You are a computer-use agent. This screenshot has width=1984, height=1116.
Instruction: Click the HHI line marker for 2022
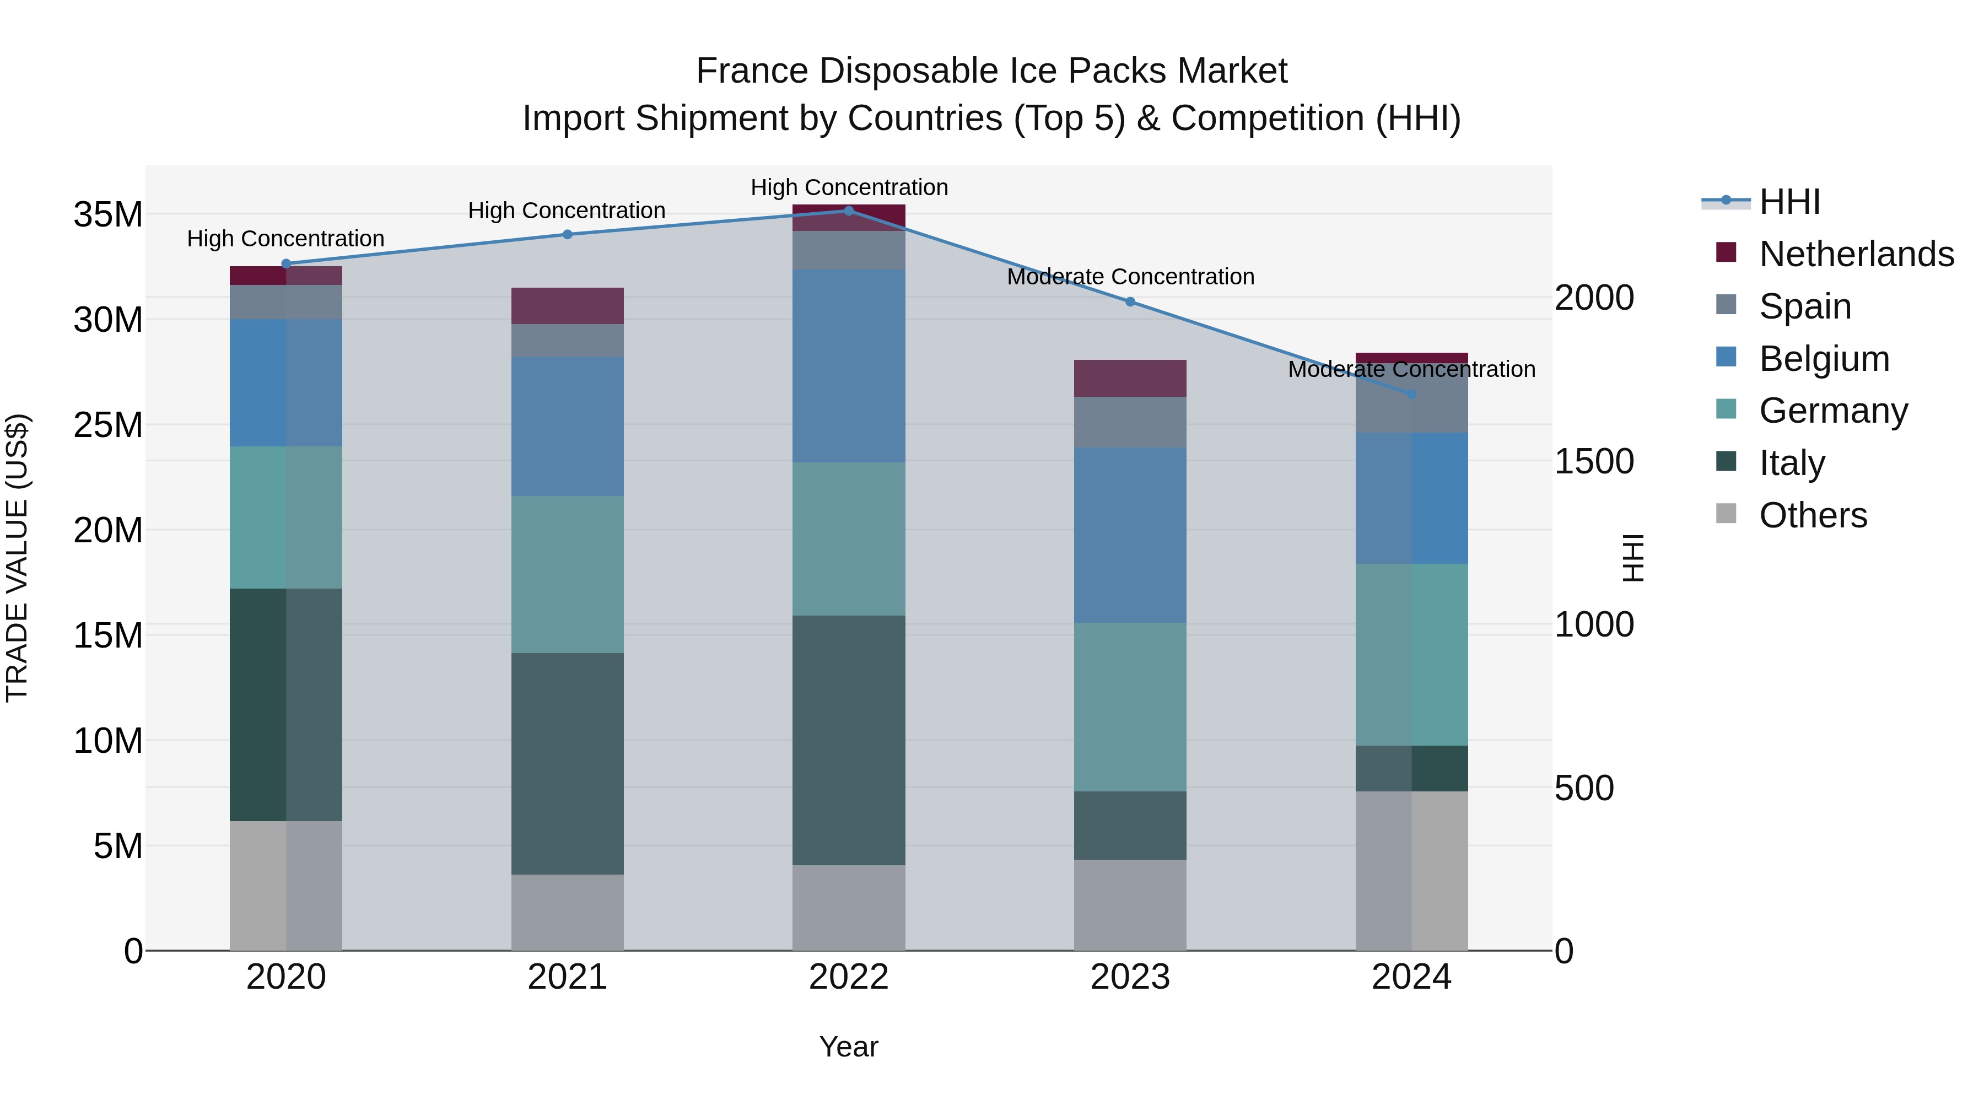point(849,211)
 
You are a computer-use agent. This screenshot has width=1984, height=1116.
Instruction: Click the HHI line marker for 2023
point(1130,302)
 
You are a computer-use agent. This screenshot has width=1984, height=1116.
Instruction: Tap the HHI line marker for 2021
point(568,234)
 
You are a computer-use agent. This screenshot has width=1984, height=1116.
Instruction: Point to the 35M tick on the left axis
point(108,214)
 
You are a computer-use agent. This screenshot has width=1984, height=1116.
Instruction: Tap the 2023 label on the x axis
point(1130,977)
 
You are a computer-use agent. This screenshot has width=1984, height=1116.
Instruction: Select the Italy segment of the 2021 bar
point(568,763)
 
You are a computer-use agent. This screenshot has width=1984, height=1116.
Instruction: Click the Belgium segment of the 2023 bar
point(1130,535)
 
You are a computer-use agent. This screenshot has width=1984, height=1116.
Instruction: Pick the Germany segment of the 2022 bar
point(849,538)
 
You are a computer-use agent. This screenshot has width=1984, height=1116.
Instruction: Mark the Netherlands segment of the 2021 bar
point(568,306)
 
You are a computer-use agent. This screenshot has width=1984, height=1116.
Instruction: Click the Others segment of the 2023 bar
point(1130,905)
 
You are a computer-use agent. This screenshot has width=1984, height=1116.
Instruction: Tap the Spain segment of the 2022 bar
point(849,250)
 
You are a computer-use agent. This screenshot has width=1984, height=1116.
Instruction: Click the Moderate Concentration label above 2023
point(1130,277)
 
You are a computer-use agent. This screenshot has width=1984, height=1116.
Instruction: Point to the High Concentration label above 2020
point(285,239)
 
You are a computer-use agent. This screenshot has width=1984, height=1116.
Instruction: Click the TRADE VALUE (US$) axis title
point(17,558)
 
